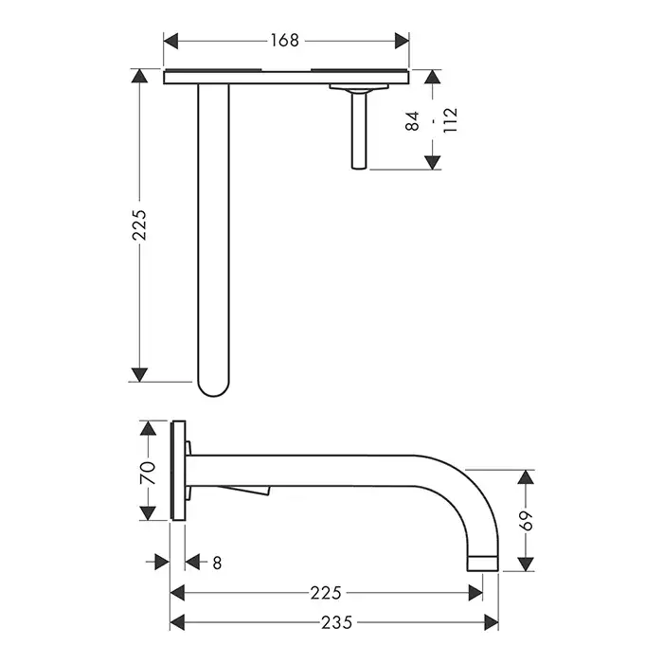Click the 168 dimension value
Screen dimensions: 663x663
pos(284,41)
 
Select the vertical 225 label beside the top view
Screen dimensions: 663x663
pos(139,225)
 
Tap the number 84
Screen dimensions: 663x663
pos(412,121)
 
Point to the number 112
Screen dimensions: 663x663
pos(450,120)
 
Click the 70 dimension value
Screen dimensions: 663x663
pos(148,473)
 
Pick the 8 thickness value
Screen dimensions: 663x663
pos(217,563)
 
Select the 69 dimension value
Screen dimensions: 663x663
pos(526,521)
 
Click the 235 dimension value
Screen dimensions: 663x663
pos(336,622)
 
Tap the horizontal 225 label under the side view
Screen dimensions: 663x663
pos(326,593)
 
